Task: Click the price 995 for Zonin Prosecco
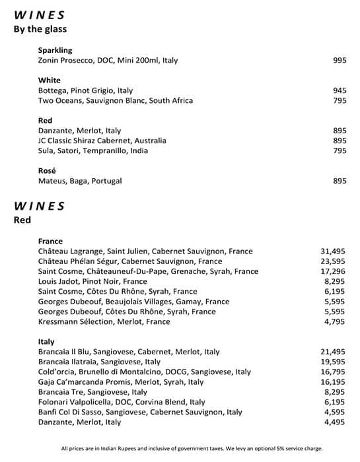[x=340, y=61]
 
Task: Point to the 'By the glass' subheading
[x=40, y=29]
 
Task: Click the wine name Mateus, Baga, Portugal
[x=80, y=181]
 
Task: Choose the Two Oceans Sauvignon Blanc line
[x=116, y=101]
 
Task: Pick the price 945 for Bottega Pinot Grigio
[x=340, y=91]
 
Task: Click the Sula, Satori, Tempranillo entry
[x=93, y=151]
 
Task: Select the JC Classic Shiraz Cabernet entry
[x=102, y=141]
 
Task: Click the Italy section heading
[x=47, y=342]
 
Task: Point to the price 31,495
[x=333, y=251]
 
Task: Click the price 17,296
[x=333, y=271]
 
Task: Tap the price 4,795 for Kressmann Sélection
[x=336, y=321]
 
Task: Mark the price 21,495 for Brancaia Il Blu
[x=333, y=352]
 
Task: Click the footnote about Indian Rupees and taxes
[x=192, y=448]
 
